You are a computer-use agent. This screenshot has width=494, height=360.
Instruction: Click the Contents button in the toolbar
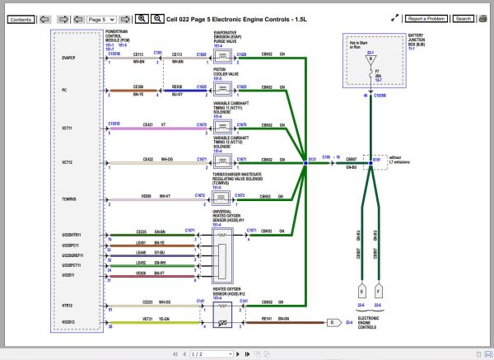21,18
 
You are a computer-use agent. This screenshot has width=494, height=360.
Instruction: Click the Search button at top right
464,18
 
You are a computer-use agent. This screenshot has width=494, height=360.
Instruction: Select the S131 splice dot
305,164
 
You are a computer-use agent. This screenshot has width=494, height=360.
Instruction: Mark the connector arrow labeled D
331,322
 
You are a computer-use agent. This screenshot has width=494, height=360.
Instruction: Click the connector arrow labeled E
362,290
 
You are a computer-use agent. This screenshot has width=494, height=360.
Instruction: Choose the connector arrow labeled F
379,290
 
